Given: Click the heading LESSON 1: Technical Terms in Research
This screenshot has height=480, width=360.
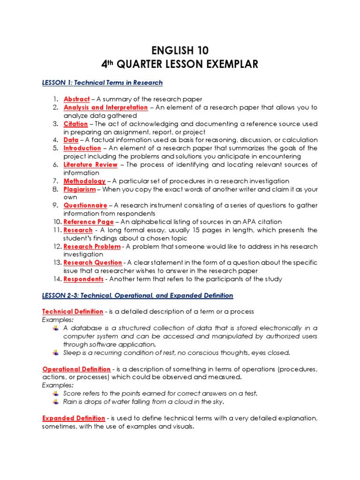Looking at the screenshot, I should pyautogui.click(x=102, y=83).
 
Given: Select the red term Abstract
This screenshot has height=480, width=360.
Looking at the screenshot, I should pyautogui.click(x=76, y=99).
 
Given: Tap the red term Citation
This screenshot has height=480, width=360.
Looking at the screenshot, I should pyautogui.click(x=75, y=124).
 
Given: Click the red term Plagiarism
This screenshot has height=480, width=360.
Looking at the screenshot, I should pyautogui.click(x=79, y=189).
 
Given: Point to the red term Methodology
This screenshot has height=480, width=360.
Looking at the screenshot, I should pyautogui.click(x=84, y=181).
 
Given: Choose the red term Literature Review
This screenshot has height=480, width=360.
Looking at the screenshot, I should pyautogui.click(x=90, y=165).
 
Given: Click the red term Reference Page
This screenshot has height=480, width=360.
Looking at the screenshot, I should pyautogui.click(x=88, y=222).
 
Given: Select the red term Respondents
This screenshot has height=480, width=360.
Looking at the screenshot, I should pyautogui.click(x=83, y=279).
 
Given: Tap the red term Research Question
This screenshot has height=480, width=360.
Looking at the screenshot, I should pyautogui.click(x=92, y=262).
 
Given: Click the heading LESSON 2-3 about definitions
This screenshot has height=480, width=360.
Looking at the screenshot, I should pyautogui.click(x=137, y=295).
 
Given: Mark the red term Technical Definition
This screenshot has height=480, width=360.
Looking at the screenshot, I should pyautogui.click(x=73, y=312).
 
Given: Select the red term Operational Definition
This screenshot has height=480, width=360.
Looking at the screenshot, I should pyautogui.click(x=76, y=369).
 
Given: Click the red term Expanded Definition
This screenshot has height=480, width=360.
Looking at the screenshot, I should pyautogui.click(x=74, y=418).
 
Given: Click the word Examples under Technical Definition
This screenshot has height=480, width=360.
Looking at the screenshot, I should pyautogui.click(x=55, y=320).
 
